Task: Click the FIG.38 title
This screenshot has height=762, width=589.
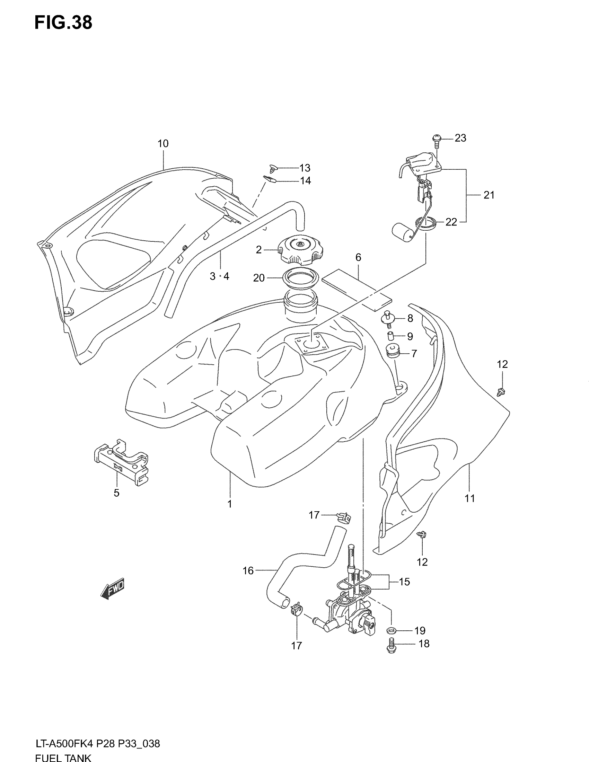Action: (63, 23)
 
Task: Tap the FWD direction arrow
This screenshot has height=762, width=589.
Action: (112, 589)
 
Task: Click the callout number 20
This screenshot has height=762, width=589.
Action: (259, 278)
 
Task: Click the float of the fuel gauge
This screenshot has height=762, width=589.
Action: (401, 232)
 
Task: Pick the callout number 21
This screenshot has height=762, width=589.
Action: (489, 195)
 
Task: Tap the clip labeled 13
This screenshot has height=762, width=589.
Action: (273, 169)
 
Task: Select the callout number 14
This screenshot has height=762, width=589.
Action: (305, 181)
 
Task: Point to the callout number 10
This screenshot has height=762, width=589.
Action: (163, 143)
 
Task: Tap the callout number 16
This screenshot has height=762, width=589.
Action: (248, 571)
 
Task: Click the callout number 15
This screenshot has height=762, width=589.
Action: (404, 582)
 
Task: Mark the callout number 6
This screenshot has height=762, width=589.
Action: (358, 257)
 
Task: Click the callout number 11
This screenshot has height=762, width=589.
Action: (470, 498)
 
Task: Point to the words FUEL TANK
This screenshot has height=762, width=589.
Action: (63, 757)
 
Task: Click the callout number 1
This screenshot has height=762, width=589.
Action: (230, 504)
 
